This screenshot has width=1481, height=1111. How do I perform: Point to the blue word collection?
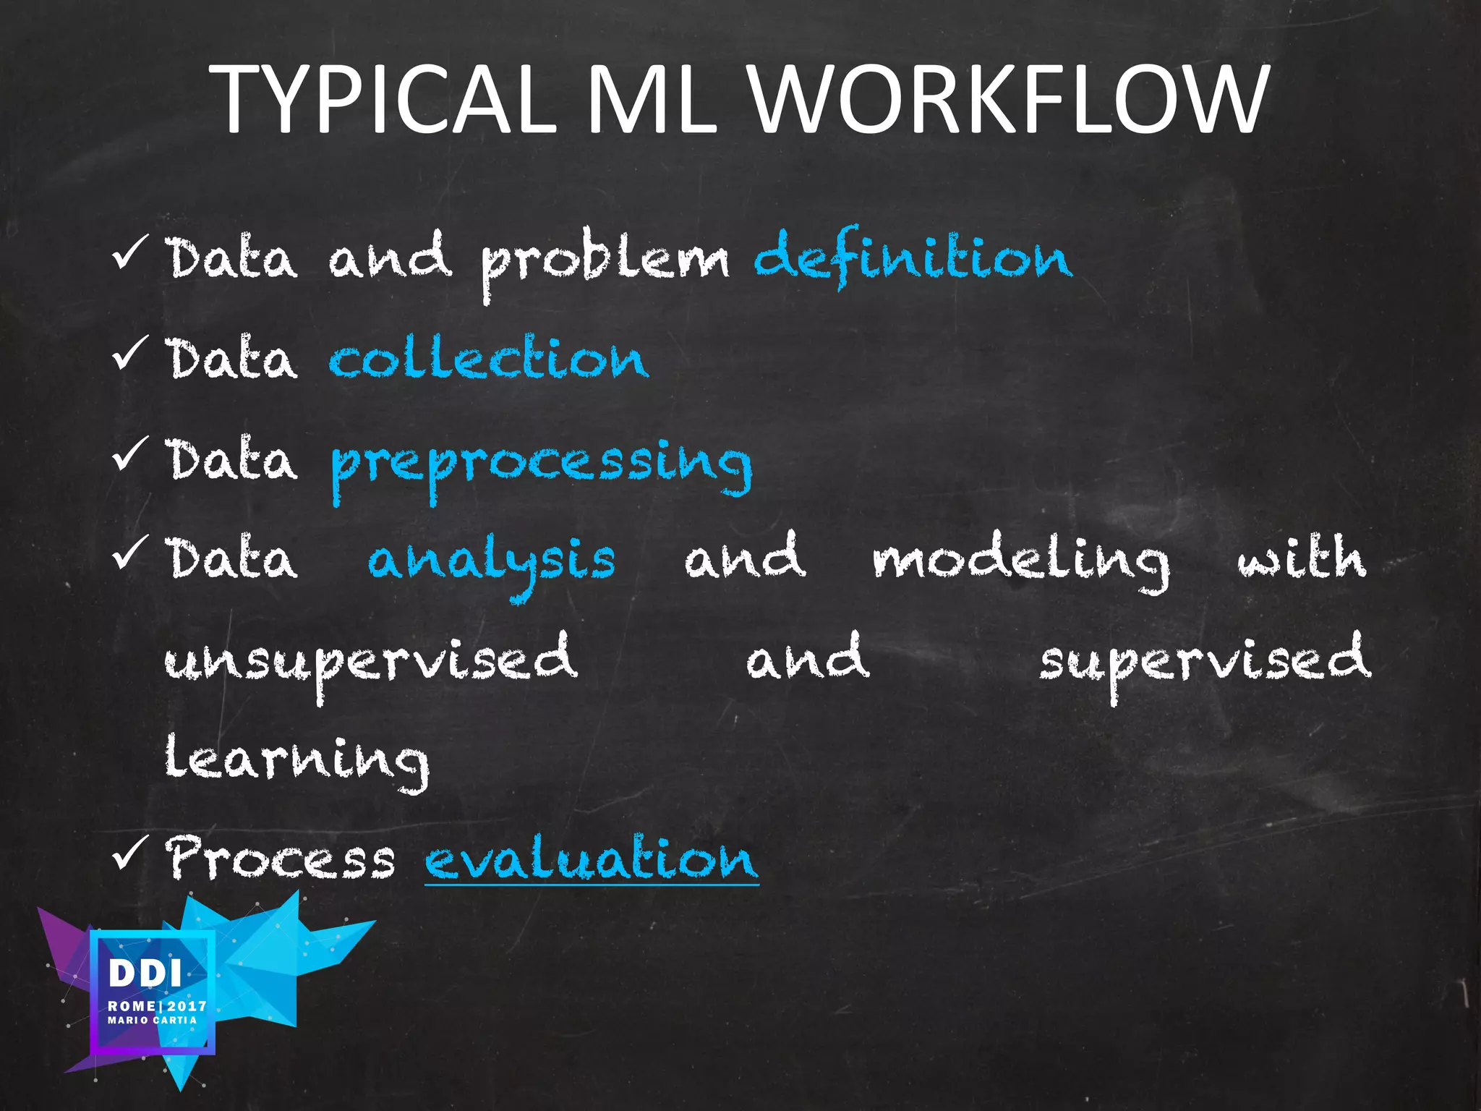tap(489, 359)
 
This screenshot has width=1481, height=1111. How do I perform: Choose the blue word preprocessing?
tap(541, 464)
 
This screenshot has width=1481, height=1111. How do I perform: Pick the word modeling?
tap(1020, 561)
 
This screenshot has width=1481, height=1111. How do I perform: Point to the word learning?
tap(296, 760)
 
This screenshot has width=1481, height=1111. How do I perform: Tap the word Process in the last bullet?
tap(281, 859)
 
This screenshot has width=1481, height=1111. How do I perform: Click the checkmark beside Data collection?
tap(131, 352)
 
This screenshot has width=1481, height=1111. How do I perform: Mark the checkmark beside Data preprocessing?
tap(131, 454)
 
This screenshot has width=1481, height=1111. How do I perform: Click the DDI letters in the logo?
tap(145, 974)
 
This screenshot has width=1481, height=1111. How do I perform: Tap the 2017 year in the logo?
tap(187, 1006)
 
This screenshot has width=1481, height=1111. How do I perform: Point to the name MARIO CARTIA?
tap(152, 1020)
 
